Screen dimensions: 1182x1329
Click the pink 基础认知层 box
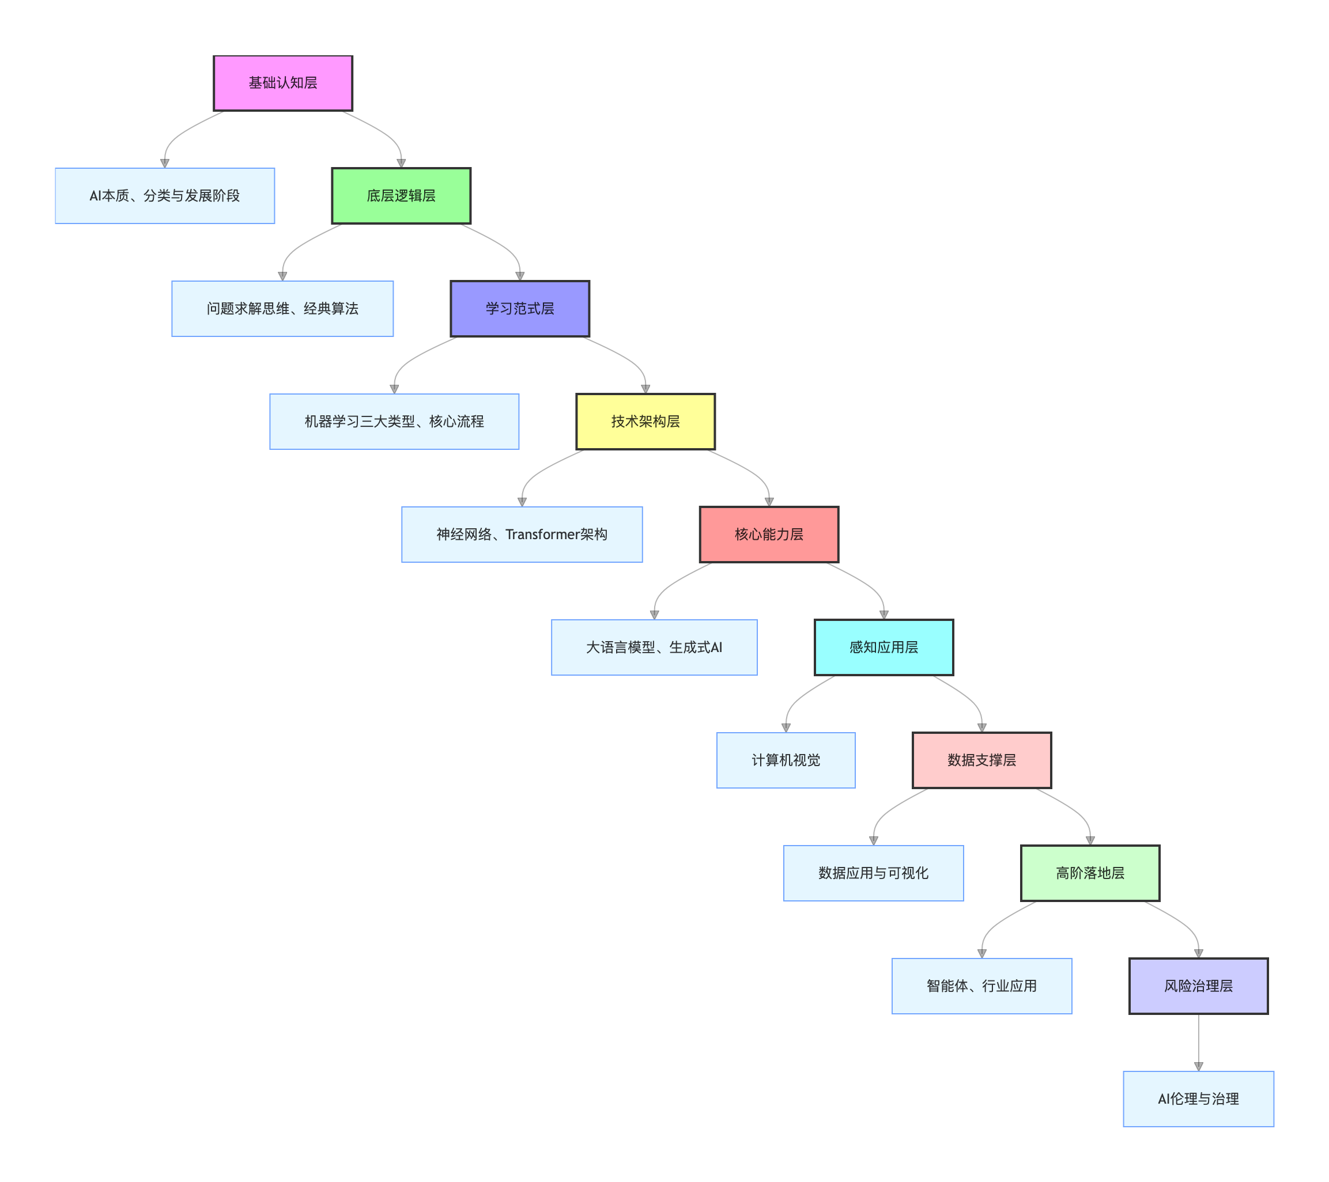point(283,83)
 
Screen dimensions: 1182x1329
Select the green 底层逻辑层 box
point(401,196)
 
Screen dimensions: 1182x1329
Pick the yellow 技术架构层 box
point(645,421)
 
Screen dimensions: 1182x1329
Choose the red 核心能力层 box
point(769,534)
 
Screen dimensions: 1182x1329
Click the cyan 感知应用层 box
point(884,647)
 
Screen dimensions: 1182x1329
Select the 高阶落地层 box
point(1090,873)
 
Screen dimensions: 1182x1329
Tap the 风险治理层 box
point(1198,986)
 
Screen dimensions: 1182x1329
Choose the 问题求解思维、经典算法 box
point(282,309)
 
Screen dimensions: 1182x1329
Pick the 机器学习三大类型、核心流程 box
point(394,421)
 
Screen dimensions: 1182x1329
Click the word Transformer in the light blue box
point(542,534)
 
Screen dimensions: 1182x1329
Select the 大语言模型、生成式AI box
point(654,647)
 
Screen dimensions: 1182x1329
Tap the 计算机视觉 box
point(786,760)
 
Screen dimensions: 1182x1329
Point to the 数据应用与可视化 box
point(873,873)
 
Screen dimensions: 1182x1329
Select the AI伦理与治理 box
point(1198,1099)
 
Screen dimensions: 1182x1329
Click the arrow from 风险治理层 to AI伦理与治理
point(1198,1040)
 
